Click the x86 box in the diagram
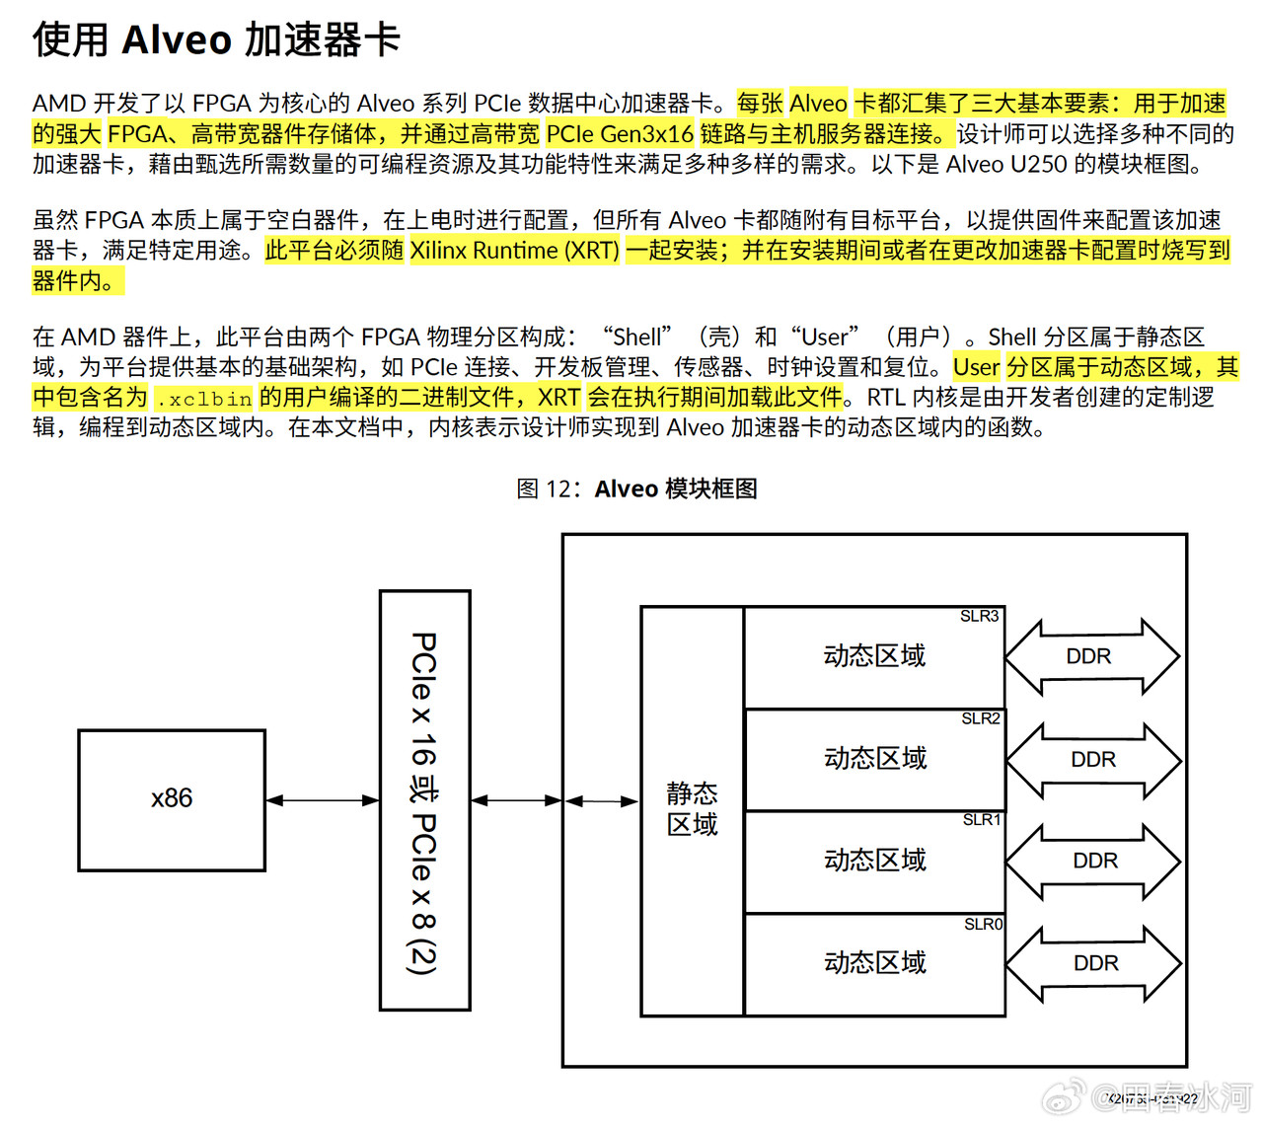click(x=172, y=799)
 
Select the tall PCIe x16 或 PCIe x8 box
click(x=424, y=800)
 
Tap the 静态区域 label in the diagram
click(x=692, y=809)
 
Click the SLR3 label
click(x=980, y=617)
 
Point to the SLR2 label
click(x=981, y=718)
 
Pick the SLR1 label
click(x=982, y=820)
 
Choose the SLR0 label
click(x=983, y=925)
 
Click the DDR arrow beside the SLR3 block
click(x=1090, y=656)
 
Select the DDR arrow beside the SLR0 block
click(x=1094, y=963)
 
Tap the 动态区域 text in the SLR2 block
click(x=875, y=758)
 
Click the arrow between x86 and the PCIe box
click(x=323, y=800)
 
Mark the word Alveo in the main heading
click(x=177, y=40)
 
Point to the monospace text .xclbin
click(x=203, y=399)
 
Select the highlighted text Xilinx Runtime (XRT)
click(x=514, y=251)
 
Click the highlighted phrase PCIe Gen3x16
click(x=620, y=134)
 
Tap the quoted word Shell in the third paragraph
click(x=637, y=338)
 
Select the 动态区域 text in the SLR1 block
click(x=875, y=861)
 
